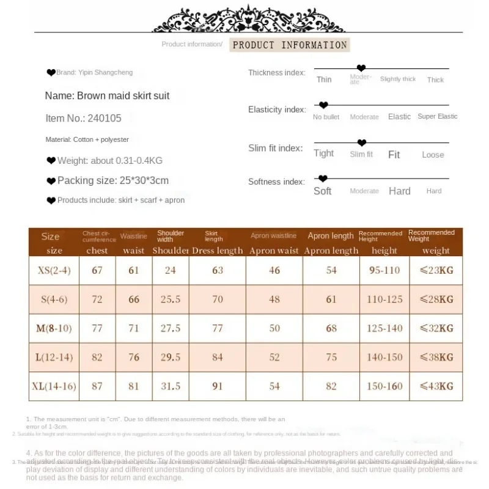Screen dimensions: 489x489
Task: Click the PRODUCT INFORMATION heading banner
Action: click(289, 45)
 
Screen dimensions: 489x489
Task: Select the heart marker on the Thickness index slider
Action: click(361, 68)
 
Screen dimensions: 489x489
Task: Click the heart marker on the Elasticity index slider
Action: click(324, 105)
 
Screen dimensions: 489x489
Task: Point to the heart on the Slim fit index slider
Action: click(361, 143)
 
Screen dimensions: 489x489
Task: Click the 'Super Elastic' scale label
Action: click(437, 116)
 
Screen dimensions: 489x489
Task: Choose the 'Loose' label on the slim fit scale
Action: click(433, 155)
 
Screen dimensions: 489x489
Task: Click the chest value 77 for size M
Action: click(97, 328)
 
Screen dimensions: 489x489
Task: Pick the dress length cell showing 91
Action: click(218, 386)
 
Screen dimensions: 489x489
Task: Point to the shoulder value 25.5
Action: click(170, 300)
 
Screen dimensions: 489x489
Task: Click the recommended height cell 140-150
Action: click(384, 358)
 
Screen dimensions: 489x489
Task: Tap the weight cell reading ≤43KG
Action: click(437, 386)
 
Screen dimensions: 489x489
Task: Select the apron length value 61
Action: click(331, 300)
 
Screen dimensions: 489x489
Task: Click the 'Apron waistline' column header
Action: click(273, 236)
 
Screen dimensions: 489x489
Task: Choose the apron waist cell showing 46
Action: click(274, 270)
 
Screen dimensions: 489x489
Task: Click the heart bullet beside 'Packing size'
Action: click(51, 181)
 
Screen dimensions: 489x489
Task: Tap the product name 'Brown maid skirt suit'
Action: click(107, 96)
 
